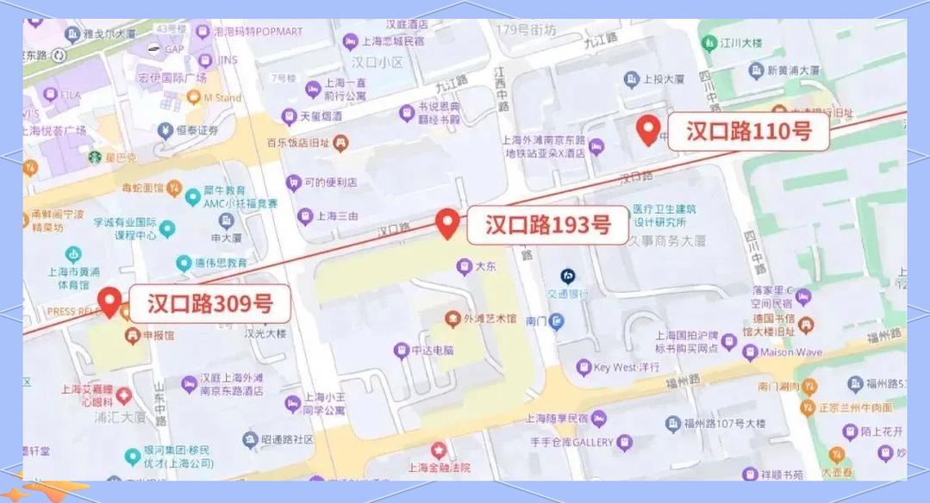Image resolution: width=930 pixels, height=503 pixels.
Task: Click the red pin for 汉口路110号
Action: coord(648,129)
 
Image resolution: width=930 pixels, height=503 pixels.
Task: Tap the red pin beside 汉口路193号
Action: coord(446,222)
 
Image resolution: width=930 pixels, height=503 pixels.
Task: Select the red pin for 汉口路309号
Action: coord(109,301)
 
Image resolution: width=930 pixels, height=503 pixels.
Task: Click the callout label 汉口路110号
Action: coord(748,131)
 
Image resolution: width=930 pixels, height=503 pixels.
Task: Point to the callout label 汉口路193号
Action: coord(547,225)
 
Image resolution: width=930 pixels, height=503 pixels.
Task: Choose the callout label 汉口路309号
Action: coord(209,303)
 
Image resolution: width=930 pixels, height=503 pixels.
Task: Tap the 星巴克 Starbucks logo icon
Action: coord(94,158)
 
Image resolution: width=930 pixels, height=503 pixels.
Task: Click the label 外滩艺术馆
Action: coord(490,319)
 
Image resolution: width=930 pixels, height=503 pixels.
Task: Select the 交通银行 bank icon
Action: coord(567,276)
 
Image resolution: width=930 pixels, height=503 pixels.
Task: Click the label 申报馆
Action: coord(158,334)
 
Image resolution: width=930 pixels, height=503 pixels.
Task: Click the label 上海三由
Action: coord(336,216)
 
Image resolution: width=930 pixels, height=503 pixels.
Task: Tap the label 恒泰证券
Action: coord(197,130)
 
